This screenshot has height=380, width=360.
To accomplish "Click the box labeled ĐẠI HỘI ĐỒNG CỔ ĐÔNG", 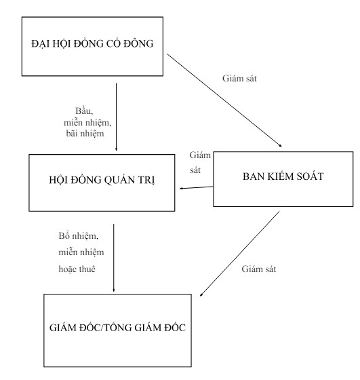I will [93, 45].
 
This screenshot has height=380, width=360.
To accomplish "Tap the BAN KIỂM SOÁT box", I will [283, 178].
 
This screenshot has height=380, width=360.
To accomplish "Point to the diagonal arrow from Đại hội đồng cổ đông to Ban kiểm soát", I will [224, 99].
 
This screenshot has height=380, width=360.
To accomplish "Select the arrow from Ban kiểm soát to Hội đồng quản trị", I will [196, 188].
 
